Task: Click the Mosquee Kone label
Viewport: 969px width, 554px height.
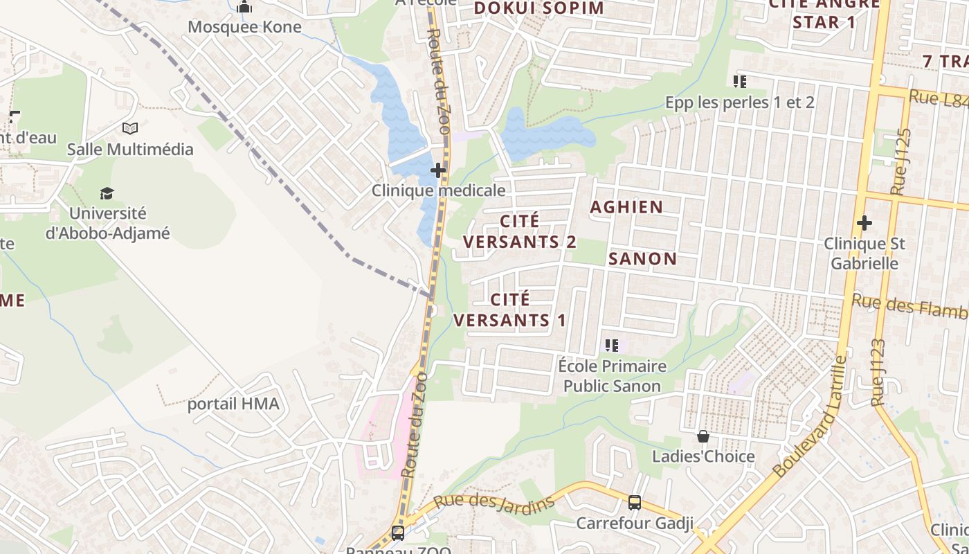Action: click(244, 27)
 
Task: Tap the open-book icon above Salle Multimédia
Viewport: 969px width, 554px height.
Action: click(129, 128)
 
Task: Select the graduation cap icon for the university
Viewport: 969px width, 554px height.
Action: click(107, 193)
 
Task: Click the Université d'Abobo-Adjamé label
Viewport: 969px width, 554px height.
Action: click(107, 223)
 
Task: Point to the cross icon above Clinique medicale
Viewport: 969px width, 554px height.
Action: click(438, 170)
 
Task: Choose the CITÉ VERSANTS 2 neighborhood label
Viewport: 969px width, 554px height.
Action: click(520, 231)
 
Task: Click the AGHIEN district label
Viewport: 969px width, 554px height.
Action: click(626, 206)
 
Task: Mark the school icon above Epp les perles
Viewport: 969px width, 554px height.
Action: click(739, 82)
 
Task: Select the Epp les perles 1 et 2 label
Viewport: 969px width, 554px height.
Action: click(739, 102)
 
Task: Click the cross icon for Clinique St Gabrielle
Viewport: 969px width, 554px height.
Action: click(864, 223)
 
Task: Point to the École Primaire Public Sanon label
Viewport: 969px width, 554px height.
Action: click(612, 375)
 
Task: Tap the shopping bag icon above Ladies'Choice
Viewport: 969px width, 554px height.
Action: click(703, 436)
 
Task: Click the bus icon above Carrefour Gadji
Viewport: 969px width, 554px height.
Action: click(634, 503)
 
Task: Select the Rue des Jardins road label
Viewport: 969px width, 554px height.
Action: click(494, 503)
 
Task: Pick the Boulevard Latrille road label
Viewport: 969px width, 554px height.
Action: click(810, 418)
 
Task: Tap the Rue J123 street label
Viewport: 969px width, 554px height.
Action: click(879, 373)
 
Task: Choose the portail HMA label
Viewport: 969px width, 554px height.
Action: click(233, 404)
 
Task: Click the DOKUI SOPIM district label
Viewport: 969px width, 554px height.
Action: click(538, 8)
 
